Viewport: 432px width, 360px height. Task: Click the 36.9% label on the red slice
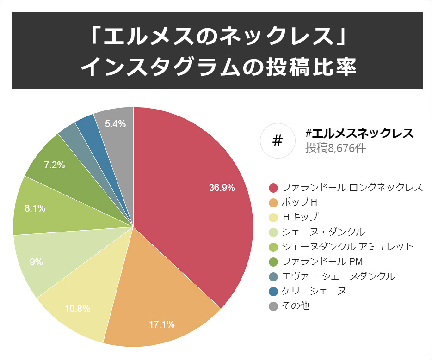coord(222,188)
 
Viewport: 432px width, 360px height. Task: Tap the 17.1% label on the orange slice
coord(161,324)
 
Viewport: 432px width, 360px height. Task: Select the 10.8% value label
coord(77,309)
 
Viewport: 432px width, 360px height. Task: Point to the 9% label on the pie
coord(36,262)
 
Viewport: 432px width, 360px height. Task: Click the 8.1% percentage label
coord(35,208)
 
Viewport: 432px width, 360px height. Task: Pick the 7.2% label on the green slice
coord(54,165)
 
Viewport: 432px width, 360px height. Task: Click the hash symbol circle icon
coord(278,140)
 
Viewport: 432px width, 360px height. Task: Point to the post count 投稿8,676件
coord(335,148)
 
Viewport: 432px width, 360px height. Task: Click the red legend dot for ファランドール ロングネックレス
coord(273,188)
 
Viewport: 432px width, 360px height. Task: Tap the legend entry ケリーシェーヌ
coord(314,291)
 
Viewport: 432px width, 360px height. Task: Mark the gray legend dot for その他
coord(273,306)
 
